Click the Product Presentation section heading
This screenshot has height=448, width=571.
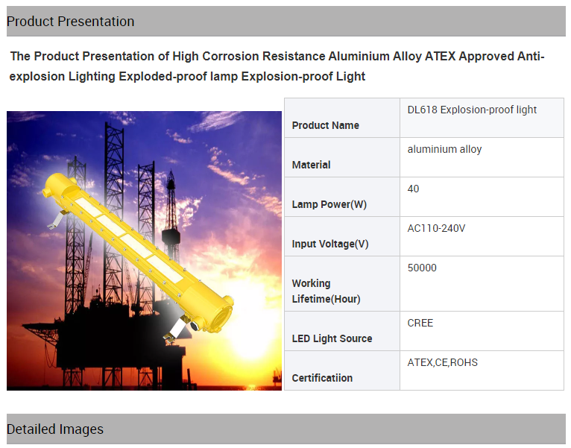(x=70, y=22)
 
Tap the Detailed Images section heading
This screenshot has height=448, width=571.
(x=55, y=429)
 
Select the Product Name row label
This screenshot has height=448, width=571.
(x=326, y=125)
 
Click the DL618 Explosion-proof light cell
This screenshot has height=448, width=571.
(x=472, y=110)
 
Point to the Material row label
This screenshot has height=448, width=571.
(x=311, y=165)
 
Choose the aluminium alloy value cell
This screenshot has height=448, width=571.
(x=444, y=149)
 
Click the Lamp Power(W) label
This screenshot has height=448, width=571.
(x=329, y=204)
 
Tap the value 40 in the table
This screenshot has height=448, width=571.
(x=413, y=189)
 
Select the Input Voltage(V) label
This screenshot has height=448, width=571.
(x=330, y=244)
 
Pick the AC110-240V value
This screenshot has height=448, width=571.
(x=436, y=228)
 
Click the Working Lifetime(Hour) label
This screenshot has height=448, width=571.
(x=326, y=291)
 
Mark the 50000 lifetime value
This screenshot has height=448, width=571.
(x=422, y=268)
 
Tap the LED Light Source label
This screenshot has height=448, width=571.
(x=332, y=338)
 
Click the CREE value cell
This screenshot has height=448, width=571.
(x=420, y=323)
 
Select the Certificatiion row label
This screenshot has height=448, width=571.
(x=322, y=378)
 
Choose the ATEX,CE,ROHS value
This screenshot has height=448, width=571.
(x=443, y=363)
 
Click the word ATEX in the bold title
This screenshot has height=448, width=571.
(x=441, y=57)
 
